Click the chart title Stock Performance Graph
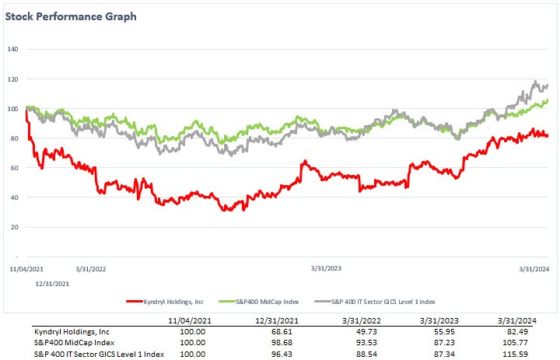pyautogui.click(x=71, y=16)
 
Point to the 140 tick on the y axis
pyautogui.click(x=12, y=49)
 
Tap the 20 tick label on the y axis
pyautogui.click(x=13, y=227)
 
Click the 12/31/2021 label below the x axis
pyautogui.click(x=52, y=284)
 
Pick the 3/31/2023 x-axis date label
pyautogui.click(x=327, y=269)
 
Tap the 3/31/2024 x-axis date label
pyautogui.click(x=536, y=269)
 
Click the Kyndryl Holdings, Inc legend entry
pyautogui.click(x=167, y=300)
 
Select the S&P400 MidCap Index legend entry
pyautogui.click(x=266, y=300)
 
